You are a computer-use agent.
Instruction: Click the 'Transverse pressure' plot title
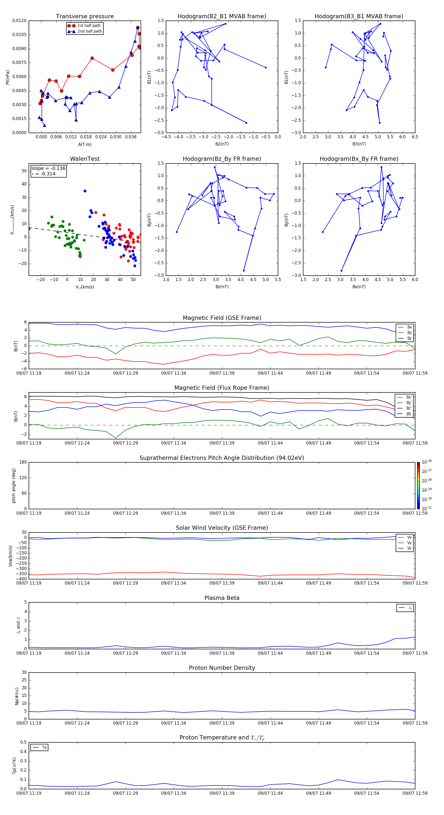click(x=85, y=17)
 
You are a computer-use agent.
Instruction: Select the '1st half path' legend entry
click(x=89, y=26)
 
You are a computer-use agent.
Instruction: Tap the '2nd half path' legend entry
click(x=90, y=31)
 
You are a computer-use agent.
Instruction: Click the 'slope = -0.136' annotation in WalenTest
click(x=48, y=168)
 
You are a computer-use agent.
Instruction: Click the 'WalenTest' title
click(x=85, y=159)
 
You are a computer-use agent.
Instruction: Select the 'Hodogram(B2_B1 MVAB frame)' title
click(x=222, y=17)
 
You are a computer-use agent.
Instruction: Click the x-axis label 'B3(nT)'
click(x=359, y=144)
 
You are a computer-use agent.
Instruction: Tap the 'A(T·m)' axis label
click(x=85, y=144)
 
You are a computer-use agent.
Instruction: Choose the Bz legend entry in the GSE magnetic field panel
click(x=409, y=338)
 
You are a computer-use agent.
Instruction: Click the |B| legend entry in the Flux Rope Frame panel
click(x=409, y=414)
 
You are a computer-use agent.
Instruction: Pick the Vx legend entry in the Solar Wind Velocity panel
click(x=409, y=537)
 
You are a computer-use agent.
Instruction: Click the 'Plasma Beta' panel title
click(x=222, y=598)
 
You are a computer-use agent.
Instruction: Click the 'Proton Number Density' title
click(x=222, y=668)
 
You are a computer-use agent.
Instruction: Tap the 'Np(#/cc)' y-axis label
click(x=17, y=696)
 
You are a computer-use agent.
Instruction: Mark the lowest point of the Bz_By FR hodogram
click(x=244, y=270)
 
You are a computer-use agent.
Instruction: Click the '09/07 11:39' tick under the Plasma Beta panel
click(x=222, y=653)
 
